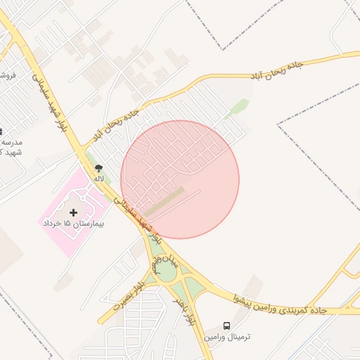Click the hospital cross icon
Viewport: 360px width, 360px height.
73,212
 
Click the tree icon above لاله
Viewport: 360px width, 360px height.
98,168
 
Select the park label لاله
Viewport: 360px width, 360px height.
98,179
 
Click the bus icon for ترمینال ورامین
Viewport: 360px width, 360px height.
226,326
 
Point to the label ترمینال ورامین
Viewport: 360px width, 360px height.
227,337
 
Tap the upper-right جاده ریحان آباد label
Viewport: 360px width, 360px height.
276,70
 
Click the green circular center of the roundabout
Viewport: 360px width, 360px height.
167,271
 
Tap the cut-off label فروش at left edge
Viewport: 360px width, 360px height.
7,75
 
